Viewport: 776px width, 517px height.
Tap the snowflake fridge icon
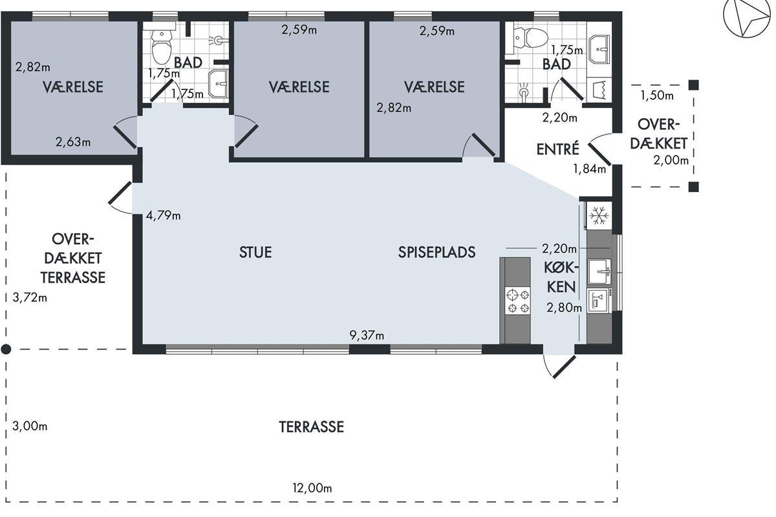(599, 216)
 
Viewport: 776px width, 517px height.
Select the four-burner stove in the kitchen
(517, 301)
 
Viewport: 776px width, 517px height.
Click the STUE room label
(255, 253)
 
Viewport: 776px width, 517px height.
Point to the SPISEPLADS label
(436, 253)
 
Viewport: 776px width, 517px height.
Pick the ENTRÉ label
(557, 149)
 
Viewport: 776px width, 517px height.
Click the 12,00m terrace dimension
(312, 489)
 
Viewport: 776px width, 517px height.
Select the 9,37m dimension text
(367, 335)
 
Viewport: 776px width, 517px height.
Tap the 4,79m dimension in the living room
(163, 216)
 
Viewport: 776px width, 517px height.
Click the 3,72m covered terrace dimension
(30, 297)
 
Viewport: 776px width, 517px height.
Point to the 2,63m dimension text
(73, 142)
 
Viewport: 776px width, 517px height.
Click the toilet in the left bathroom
(162, 47)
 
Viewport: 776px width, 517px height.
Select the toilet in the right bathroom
(531, 37)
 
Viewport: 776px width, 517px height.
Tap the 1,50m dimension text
(657, 95)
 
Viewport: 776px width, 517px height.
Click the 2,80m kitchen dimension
(565, 308)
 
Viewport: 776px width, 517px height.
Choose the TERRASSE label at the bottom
(312, 427)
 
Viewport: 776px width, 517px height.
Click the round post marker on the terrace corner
(6, 350)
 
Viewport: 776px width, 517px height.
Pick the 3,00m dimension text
(30, 427)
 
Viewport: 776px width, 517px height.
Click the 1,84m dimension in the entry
(590, 169)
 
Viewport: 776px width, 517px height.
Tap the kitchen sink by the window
(599, 271)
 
